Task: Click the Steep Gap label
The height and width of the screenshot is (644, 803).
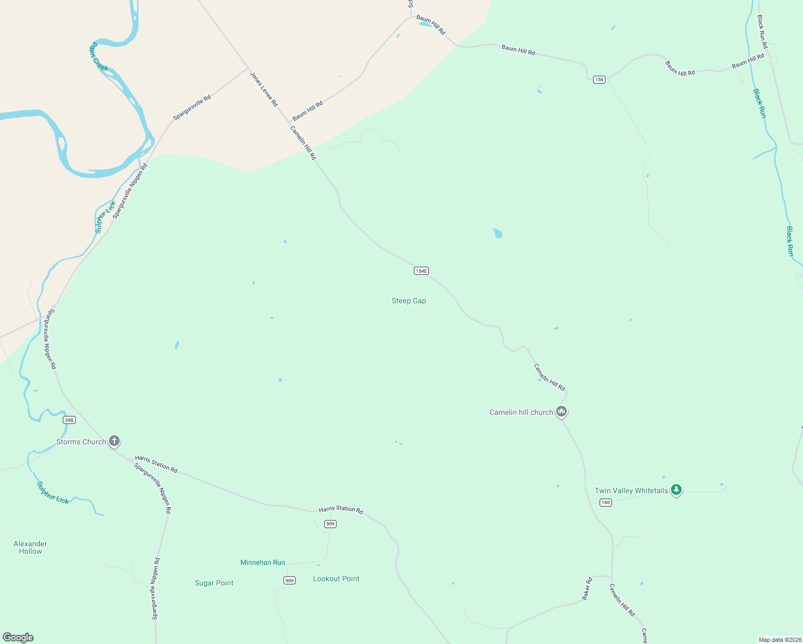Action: tap(408, 301)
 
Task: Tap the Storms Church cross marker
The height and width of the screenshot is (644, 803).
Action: tap(114, 441)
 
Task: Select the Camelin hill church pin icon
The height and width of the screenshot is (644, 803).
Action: tap(561, 412)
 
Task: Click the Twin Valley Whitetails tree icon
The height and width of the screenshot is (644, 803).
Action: tap(676, 490)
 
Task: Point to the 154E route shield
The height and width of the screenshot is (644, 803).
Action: tap(421, 271)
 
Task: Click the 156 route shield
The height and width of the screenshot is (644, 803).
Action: tap(599, 79)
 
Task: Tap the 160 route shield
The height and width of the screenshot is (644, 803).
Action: tap(605, 502)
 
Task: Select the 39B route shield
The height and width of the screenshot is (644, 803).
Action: tap(69, 420)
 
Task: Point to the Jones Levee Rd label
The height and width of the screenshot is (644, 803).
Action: tap(264, 89)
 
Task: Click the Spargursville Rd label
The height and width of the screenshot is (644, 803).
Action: tap(192, 108)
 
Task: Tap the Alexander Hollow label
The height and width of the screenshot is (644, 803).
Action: tap(31, 547)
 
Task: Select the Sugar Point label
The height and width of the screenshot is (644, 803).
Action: tap(214, 583)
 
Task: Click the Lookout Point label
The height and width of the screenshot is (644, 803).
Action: tap(336, 579)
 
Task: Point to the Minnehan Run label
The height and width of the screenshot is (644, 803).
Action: tap(262, 562)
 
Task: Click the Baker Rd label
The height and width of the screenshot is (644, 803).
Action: tap(587, 588)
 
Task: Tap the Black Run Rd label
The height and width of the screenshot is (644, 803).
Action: tap(762, 32)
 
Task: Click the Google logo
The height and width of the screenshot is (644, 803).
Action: tap(18, 638)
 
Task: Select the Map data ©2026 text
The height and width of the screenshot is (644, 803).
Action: tap(779, 640)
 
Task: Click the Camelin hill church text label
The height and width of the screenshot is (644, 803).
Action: tap(521, 412)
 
